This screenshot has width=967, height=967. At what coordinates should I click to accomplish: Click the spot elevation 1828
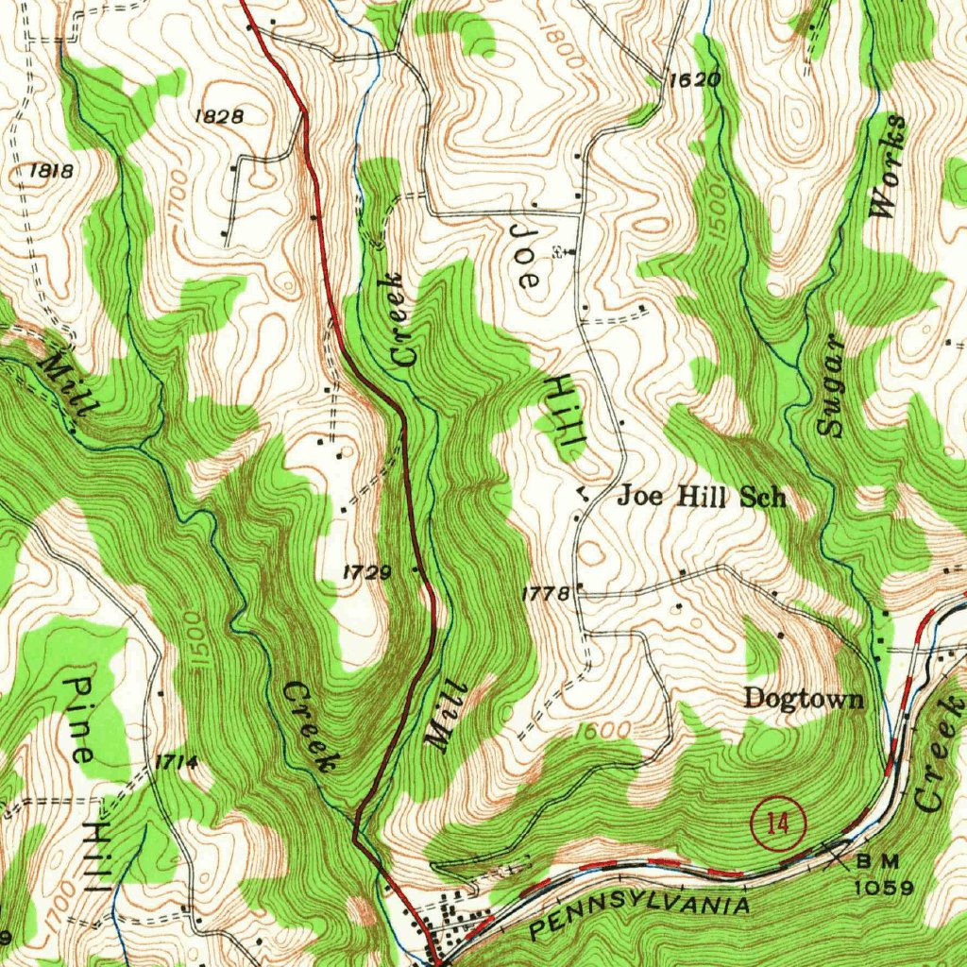coord(218,116)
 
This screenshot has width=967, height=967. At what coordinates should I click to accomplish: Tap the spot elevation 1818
coord(51,171)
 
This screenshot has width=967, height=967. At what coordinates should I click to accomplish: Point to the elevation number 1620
coord(694,80)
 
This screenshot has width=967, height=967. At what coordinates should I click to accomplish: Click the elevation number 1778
coord(545,594)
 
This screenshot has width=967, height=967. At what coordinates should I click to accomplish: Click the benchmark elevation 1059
coord(884,888)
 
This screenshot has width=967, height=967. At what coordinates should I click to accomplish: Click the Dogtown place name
coord(803,699)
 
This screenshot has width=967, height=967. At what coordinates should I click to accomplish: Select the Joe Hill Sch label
coord(701,497)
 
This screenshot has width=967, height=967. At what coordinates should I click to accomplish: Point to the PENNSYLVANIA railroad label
coord(640,914)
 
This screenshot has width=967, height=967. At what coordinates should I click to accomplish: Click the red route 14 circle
coord(777,824)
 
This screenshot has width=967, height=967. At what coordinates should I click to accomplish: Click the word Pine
coord(81,720)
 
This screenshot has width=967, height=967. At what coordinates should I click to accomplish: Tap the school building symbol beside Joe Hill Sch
coord(584,492)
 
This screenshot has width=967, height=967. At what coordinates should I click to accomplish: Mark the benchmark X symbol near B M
coord(835,854)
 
